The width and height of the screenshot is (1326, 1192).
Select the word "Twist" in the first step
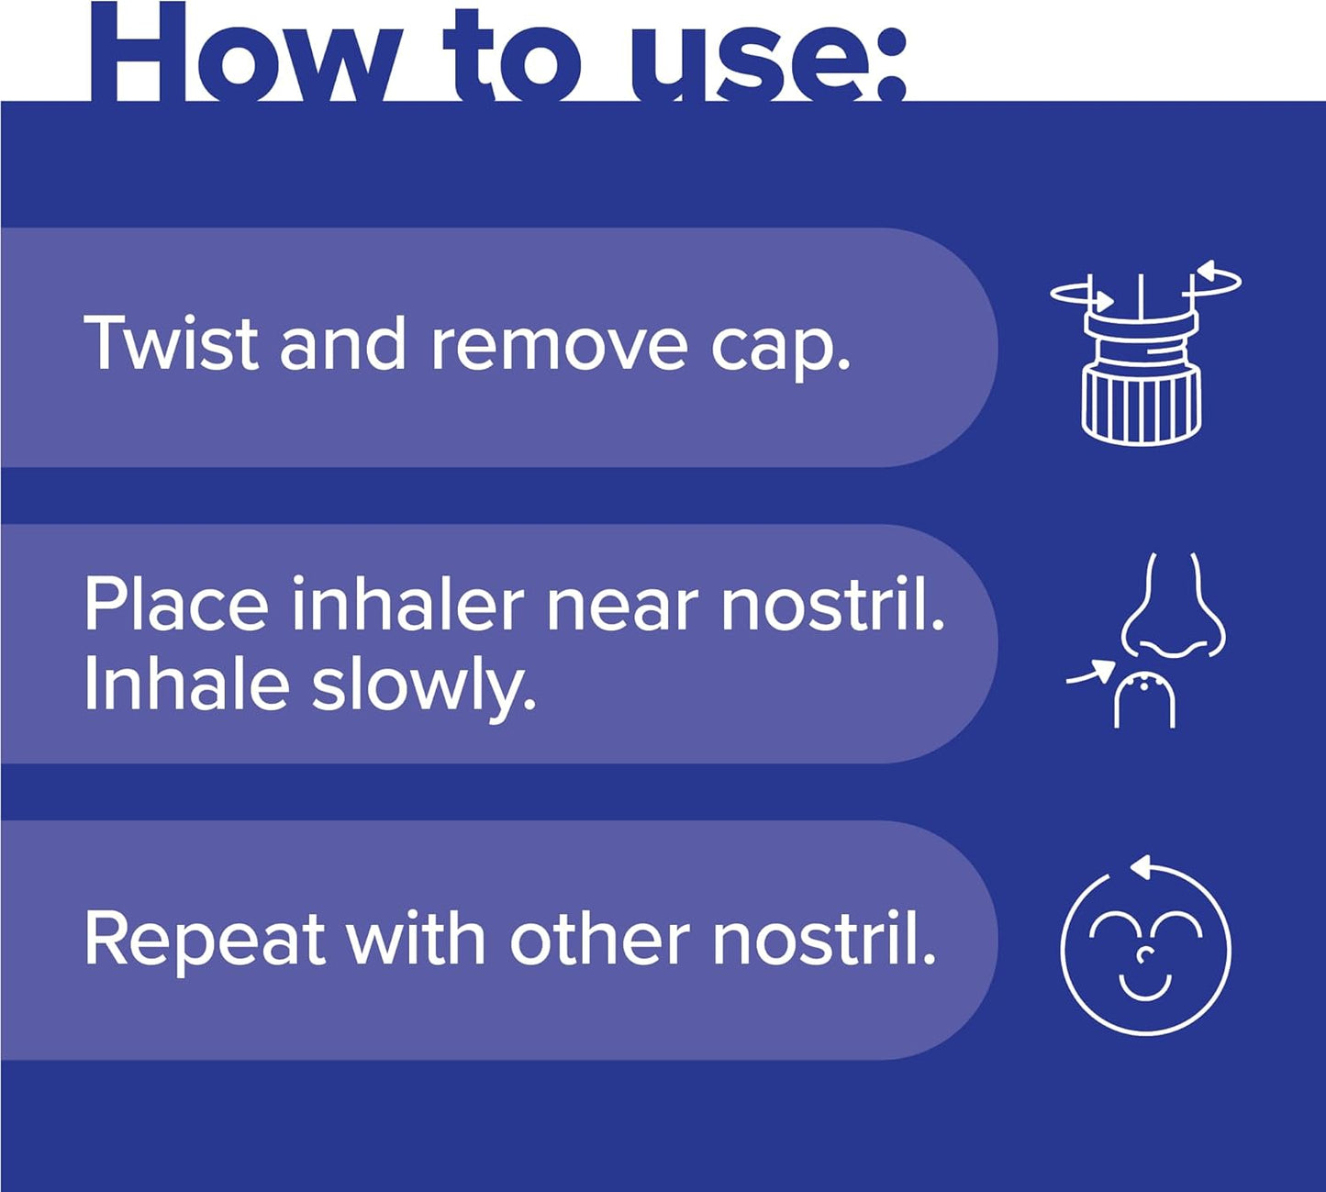(171, 343)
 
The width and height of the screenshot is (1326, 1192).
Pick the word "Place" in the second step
(176, 605)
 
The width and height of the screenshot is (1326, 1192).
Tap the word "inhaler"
(409, 605)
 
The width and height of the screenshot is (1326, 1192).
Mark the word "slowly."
(423, 687)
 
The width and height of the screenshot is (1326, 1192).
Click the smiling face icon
(1145, 950)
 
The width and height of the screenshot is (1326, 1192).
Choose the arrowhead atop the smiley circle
(1141, 865)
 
